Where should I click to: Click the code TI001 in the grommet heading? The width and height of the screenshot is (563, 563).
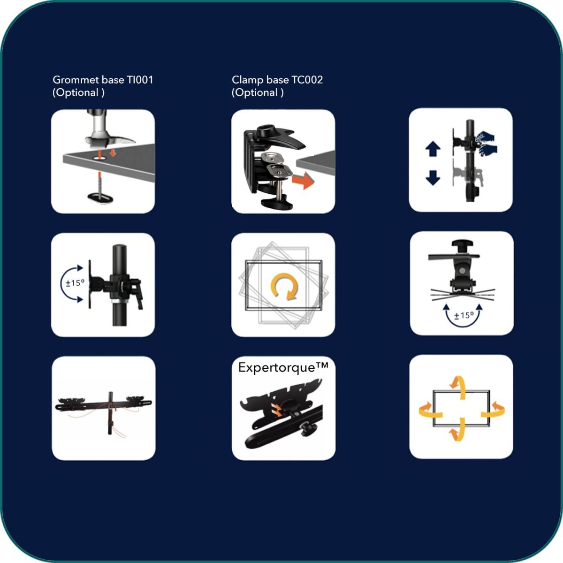pos(140,80)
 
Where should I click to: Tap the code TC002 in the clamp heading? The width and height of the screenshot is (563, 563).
pos(307,80)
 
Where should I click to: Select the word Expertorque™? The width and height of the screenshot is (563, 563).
pos(283,367)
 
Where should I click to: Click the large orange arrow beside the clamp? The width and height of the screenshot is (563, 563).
pos(303,181)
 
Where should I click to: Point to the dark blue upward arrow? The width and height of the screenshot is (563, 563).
pos(433,149)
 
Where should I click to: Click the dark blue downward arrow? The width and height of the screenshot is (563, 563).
pos(433,178)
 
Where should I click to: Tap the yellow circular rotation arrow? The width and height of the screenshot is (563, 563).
pos(284,287)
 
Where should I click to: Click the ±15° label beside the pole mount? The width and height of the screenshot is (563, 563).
pos(75,283)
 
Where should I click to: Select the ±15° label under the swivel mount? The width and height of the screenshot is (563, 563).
pos(464,316)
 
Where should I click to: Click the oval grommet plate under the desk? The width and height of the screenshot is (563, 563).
pos(100,198)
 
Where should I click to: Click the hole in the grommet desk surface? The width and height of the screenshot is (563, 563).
pos(99,158)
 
